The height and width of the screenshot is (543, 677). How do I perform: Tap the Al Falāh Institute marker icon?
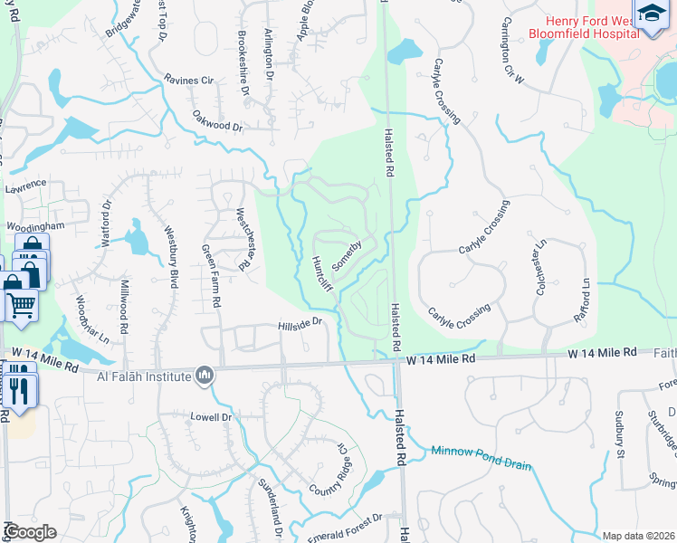[205, 376]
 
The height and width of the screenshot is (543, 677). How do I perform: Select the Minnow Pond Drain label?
[481, 458]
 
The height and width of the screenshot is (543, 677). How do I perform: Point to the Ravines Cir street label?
[188, 80]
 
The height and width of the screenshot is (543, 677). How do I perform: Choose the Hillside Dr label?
[300, 323]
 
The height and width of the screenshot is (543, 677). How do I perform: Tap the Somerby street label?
[347, 254]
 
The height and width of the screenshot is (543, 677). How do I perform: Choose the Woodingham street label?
[34, 227]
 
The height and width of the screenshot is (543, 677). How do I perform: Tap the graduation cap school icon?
[652, 14]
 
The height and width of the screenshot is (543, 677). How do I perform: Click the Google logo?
[31, 532]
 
